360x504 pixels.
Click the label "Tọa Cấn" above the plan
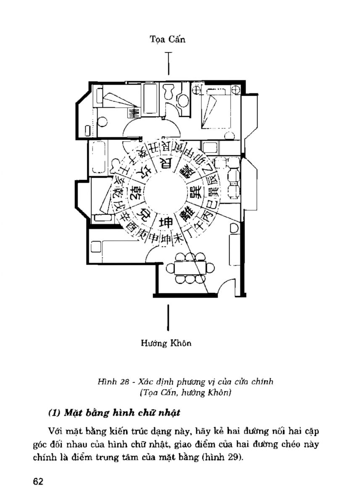(168, 39)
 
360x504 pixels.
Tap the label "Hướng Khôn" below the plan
(166, 344)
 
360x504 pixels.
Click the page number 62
(39, 481)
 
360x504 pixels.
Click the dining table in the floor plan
(188, 268)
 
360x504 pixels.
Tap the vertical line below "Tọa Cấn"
(169, 63)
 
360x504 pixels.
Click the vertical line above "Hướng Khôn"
(168, 317)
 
